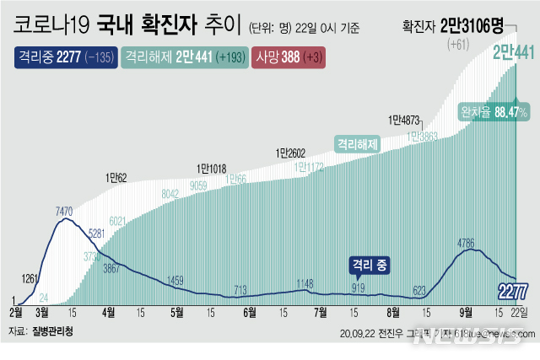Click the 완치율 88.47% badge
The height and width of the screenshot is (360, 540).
pos(494,110)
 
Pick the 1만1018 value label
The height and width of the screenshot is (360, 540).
pos(211,169)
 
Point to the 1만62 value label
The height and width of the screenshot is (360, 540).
pos(116,178)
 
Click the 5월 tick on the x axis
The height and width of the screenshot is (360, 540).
pos(177,312)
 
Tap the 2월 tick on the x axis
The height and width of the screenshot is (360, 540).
pos(16,312)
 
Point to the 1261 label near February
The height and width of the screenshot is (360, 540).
pos(30,278)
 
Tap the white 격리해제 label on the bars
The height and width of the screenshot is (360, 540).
pos(358,144)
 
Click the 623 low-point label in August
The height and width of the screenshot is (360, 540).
pos(419,289)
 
